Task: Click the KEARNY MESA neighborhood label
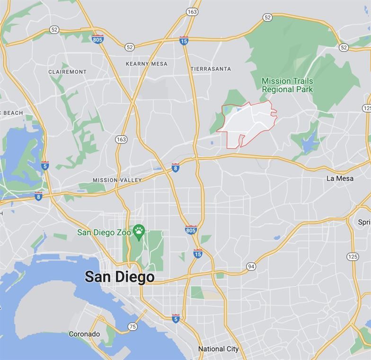tap(146, 64)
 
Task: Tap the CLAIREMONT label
tap(68, 72)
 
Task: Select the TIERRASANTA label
tap(211, 69)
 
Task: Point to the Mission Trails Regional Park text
tap(287, 85)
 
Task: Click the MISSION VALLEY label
tap(117, 180)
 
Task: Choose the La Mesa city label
tap(340, 178)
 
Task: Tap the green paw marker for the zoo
tap(139, 231)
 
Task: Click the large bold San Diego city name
tap(119, 277)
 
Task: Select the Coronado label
tap(84, 334)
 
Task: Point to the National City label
tap(218, 349)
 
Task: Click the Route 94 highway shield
tap(251, 267)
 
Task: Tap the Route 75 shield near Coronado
tap(132, 326)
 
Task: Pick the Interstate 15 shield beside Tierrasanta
tap(184, 41)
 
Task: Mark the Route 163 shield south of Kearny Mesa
tap(121, 139)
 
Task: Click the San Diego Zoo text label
tap(104, 233)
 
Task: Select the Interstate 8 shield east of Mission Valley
tap(175, 168)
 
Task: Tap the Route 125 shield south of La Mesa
tap(353, 256)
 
